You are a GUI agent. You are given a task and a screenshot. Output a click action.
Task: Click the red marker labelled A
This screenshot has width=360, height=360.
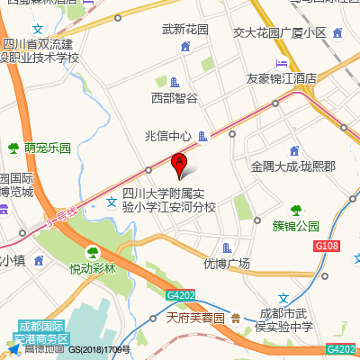(x=179, y=164)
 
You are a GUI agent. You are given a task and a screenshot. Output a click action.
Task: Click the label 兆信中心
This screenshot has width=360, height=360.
(x=168, y=137)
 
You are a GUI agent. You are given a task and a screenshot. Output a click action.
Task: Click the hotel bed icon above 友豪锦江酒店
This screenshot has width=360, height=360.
(x=282, y=63)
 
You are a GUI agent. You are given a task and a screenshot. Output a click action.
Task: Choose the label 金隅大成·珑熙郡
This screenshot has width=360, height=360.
(x=293, y=167)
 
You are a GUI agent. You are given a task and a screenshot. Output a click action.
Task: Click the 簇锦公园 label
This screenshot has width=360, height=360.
(x=296, y=226)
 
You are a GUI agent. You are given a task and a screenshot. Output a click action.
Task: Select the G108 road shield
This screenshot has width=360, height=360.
(x=326, y=245)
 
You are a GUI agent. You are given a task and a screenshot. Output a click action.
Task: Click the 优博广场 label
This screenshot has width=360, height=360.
(x=226, y=264)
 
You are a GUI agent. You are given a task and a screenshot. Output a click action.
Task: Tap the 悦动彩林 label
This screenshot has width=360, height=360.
(x=94, y=268)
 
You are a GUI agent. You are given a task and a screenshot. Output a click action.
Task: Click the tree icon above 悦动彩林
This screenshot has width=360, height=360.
(x=92, y=253)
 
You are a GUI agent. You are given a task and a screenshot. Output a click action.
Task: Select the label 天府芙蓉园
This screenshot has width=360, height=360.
(x=196, y=318)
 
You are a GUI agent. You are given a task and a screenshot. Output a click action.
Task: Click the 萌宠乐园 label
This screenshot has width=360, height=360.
(x=48, y=147)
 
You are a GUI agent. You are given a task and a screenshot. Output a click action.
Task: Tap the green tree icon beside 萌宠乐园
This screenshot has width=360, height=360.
(x=13, y=147)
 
